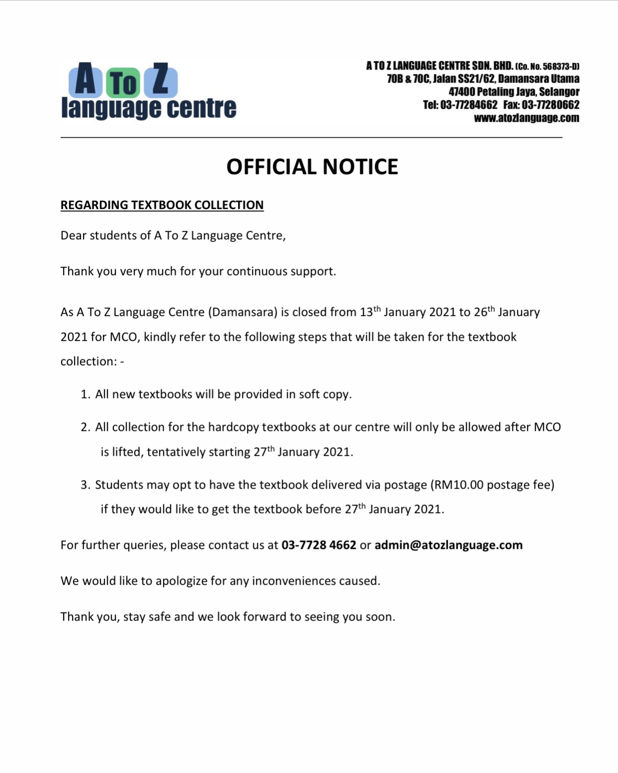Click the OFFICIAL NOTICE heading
[312, 167]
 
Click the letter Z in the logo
[160, 80]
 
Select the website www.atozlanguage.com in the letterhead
[526, 118]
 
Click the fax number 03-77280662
[550, 105]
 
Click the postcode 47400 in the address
[461, 92]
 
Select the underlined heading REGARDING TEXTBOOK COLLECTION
[162, 205]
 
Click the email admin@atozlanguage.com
[448, 545]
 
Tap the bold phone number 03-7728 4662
[318, 545]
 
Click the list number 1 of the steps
[85, 394]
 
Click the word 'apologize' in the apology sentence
[184, 581]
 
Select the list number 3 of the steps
[85, 485]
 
